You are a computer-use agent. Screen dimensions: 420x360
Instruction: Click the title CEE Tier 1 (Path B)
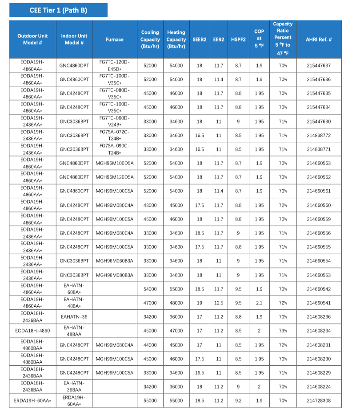pos(58,10)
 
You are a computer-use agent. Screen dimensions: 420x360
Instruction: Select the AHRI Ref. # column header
pos(319,40)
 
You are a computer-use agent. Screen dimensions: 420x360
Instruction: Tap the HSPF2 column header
pos(238,40)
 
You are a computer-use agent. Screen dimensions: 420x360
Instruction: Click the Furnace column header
pos(115,40)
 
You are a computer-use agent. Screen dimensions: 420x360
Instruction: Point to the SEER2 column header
pos(199,40)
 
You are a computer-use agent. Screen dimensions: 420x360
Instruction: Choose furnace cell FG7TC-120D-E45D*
pos(115,65)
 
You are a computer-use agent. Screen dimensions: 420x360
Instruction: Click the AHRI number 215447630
pos(319,121)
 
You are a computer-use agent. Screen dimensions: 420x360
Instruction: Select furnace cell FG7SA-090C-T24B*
pos(115,149)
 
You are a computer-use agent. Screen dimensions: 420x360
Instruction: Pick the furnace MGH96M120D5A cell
pos(115,177)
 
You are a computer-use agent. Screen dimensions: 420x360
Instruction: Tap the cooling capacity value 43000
pos(150,205)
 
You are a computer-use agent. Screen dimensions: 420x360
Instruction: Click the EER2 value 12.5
pos(218,303)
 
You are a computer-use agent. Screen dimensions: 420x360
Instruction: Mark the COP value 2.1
pos(259,303)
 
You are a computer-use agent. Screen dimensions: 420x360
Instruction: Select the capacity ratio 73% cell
pos(283,331)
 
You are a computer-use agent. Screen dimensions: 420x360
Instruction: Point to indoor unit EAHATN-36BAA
pos(74,387)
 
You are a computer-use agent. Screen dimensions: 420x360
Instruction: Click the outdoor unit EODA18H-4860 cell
pos(32,331)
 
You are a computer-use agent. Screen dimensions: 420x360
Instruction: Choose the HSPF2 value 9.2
pos(238,400)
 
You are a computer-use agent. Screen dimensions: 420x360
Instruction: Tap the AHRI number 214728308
pos(319,400)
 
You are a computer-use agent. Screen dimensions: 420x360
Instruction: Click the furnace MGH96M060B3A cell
pos(115,261)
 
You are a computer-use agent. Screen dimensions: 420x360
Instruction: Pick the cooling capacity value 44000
pos(150,345)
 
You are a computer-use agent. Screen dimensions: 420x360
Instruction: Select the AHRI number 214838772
pos(319,135)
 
